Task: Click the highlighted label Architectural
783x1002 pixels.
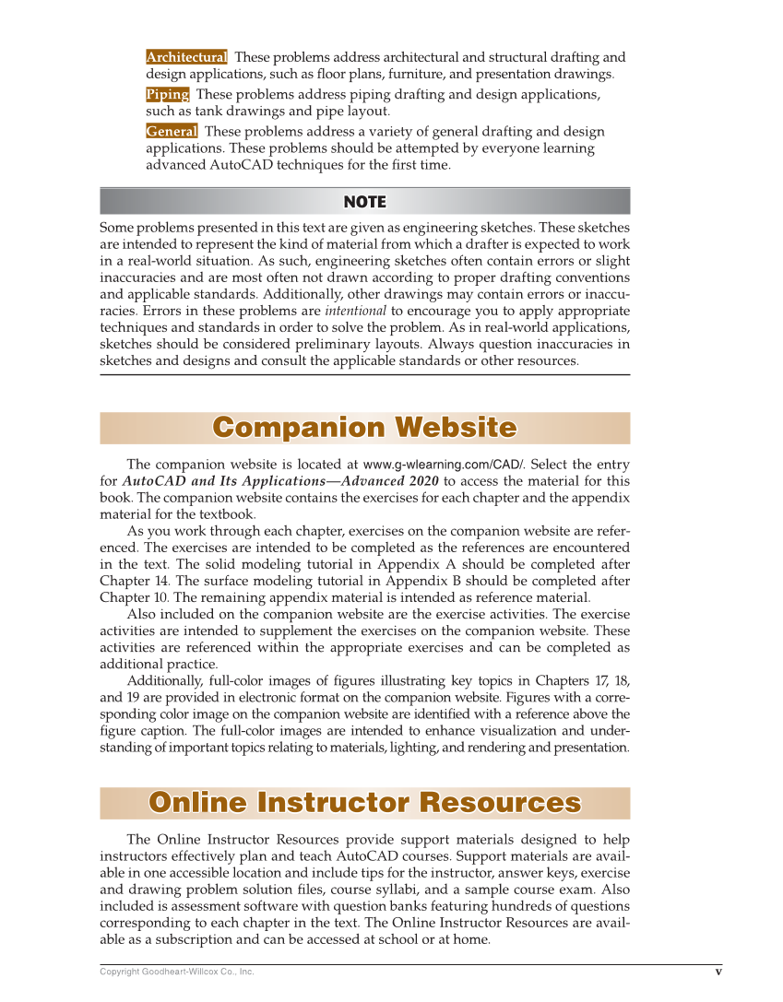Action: coord(186,57)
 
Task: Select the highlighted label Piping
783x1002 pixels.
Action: coord(168,94)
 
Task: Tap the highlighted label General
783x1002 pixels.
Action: coord(172,131)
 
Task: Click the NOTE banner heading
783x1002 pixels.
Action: coord(364,202)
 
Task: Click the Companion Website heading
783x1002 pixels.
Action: coord(364,428)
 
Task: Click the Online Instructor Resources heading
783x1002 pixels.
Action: coord(364,803)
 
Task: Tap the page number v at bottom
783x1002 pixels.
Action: coord(718,971)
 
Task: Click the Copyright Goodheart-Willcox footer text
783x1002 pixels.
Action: coord(176,972)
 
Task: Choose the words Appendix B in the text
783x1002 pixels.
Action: coord(430,582)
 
